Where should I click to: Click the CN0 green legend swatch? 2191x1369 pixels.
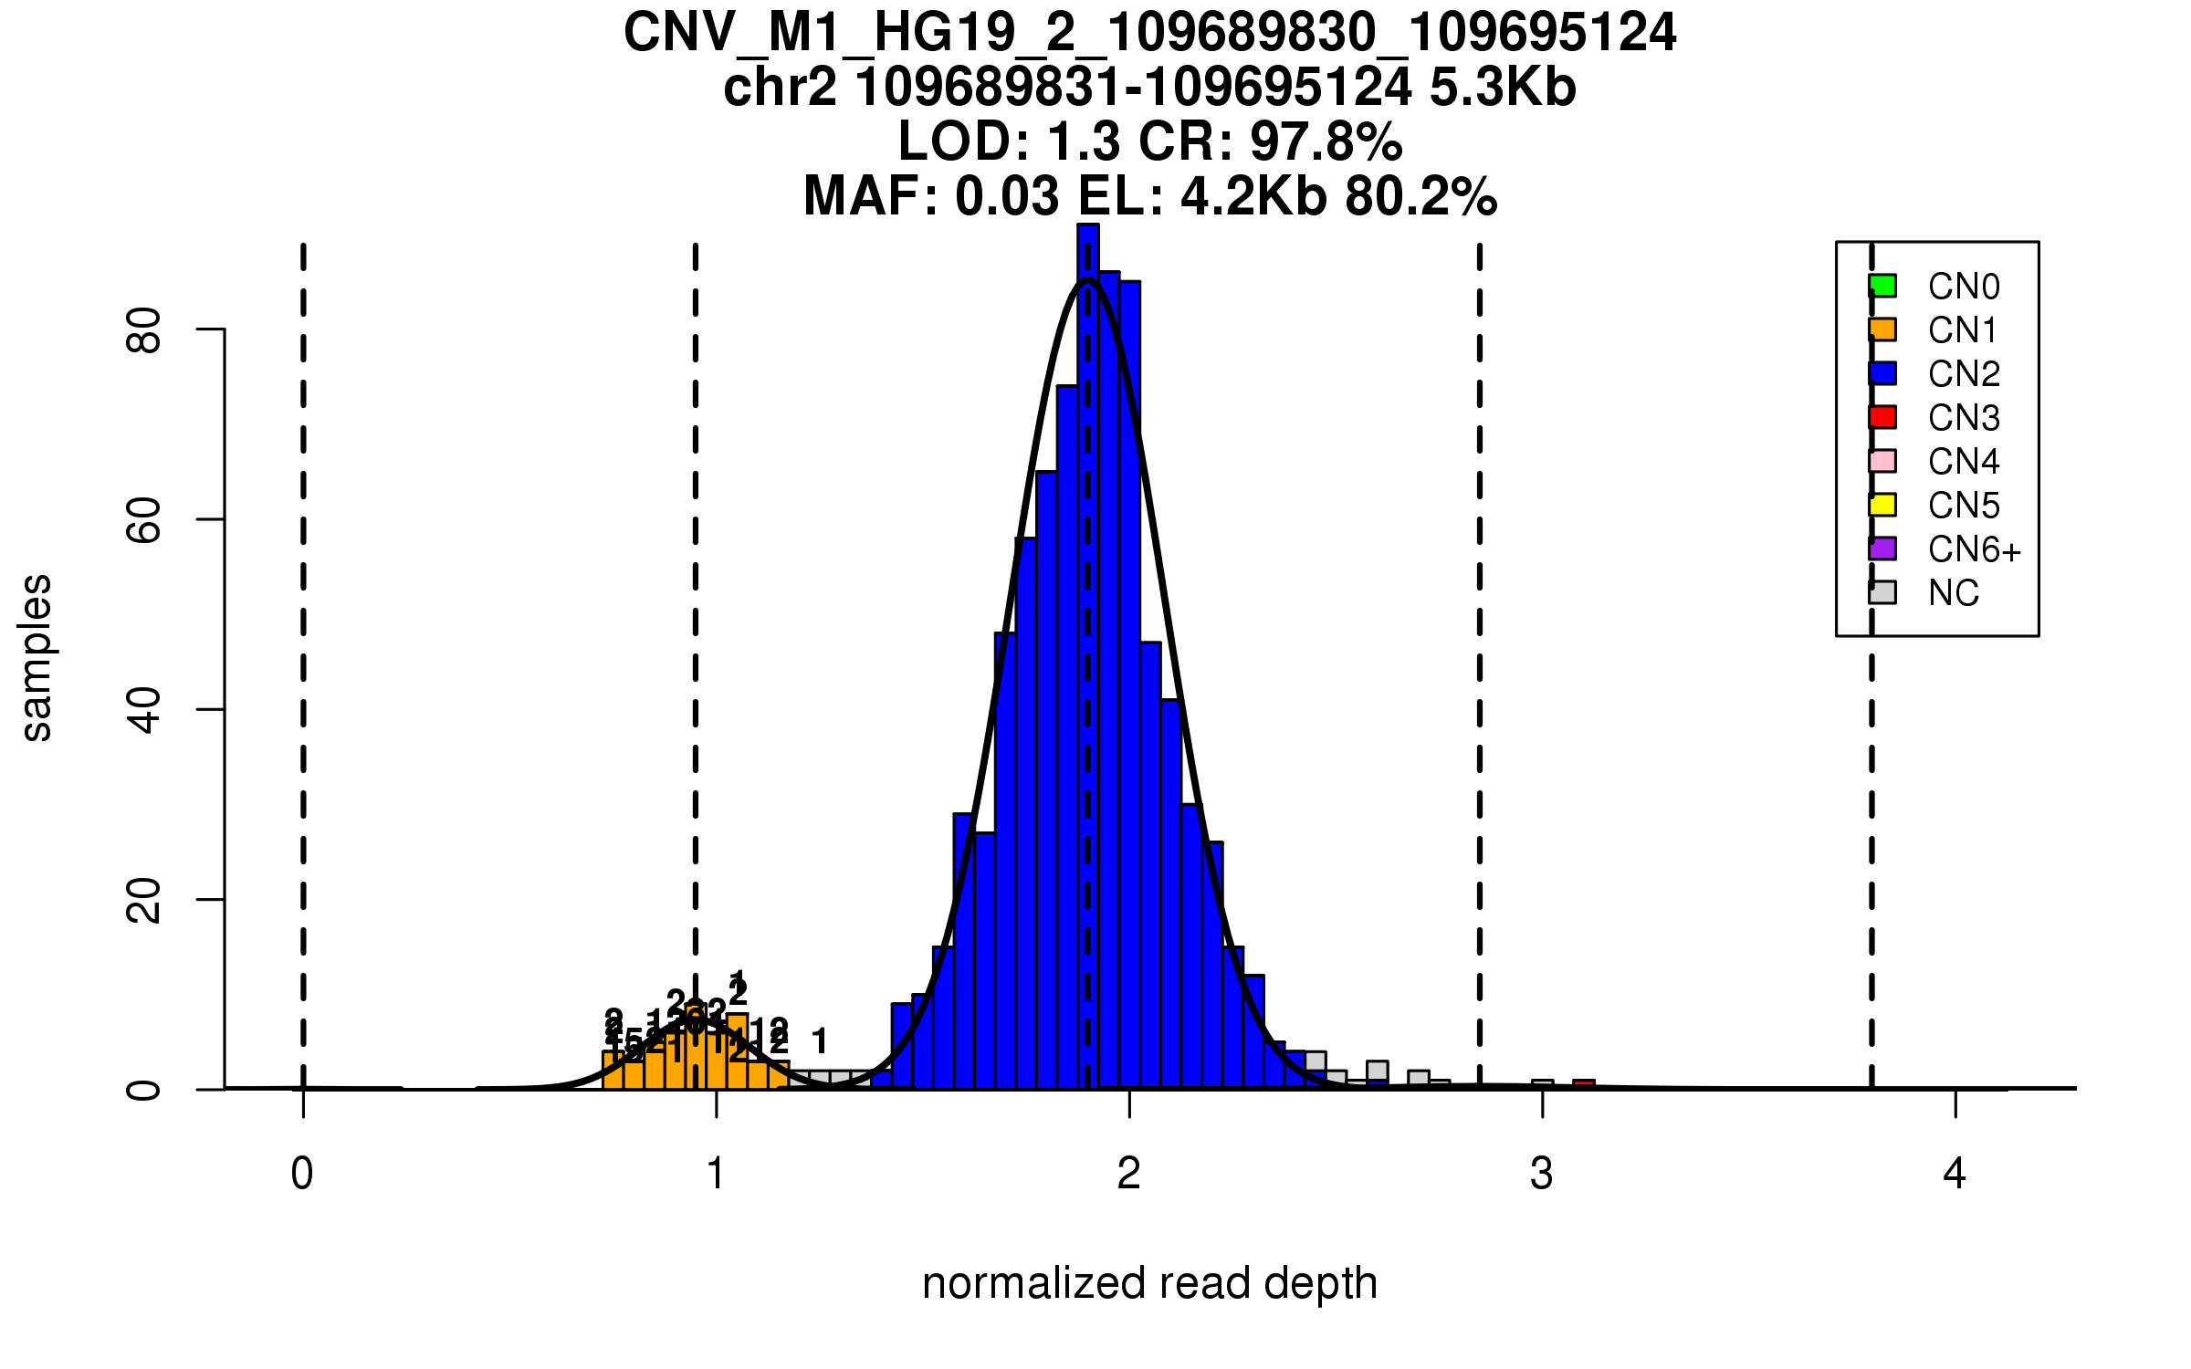[1882, 286]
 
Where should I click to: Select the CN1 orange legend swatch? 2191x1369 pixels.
[1882, 329]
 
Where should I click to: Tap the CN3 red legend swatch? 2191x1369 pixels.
[1882, 417]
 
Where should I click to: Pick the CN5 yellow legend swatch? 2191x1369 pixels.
[1882, 505]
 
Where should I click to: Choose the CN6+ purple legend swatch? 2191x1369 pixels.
[1882, 549]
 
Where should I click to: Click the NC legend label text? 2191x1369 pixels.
[1954, 593]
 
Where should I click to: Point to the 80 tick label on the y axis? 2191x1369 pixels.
[144, 329]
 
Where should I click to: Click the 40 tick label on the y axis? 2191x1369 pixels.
[144, 709]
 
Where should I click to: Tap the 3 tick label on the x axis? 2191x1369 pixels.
[1542, 1174]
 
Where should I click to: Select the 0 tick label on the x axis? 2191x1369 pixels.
[302, 1174]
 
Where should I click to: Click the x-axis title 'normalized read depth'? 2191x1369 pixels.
[1149, 1283]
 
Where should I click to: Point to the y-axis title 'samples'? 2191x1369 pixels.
[37, 657]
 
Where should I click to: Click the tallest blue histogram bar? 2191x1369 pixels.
[1088, 639]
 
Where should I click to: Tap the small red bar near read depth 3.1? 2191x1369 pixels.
[1584, 1084]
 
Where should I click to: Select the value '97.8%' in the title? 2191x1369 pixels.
[1326, 141]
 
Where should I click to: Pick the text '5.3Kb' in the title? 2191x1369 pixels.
[1503, 88]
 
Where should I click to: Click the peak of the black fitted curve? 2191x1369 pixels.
[1087, 280]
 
